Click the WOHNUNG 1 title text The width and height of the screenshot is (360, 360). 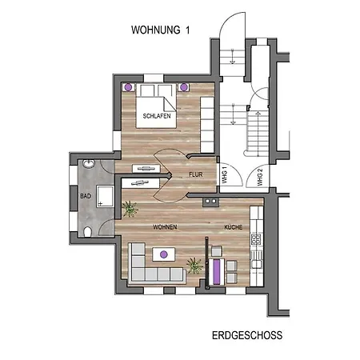point(160,30)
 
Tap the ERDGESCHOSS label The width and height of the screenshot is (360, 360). point(247,335)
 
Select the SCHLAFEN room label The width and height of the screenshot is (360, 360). point(157,116)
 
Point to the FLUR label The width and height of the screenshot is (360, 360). point(196,174)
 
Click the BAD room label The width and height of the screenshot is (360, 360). point(86,196)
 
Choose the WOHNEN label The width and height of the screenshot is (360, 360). point(165,227)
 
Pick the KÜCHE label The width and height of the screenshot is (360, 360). point(234,227)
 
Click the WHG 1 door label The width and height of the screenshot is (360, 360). point(225,174)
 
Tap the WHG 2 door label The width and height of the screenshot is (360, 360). point(260,177)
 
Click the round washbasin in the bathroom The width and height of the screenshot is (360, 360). point(89,163)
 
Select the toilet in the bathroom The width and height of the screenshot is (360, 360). point(87,232)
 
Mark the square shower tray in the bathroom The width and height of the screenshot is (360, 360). point(105,196)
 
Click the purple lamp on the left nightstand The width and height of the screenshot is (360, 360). point(129,87)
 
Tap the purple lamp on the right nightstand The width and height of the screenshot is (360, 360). point(184,87)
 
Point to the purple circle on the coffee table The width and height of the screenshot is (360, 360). point(164,254)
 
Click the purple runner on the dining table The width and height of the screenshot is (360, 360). point(217,271)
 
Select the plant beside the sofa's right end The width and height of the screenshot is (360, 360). point(195,266)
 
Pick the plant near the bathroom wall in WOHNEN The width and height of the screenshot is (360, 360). point(130,209)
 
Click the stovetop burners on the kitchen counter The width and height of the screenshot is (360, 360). point(256,239)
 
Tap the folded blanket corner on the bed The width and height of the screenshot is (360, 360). point(170,105)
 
